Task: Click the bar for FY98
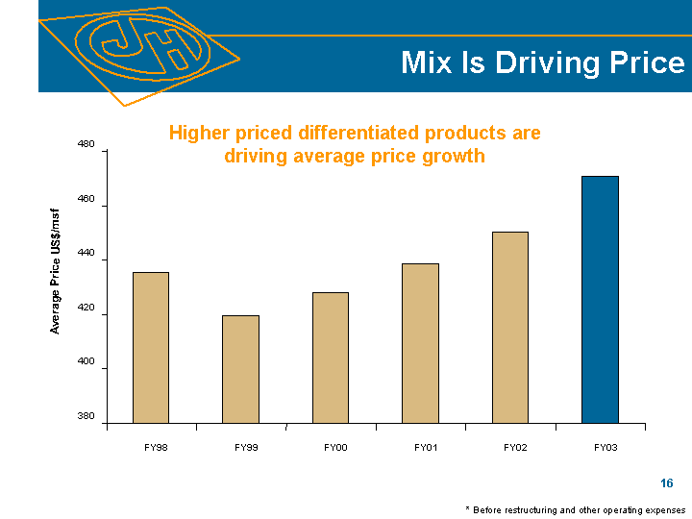click(150, 347)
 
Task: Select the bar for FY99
click(240, 369)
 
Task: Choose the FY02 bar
click(509, 327)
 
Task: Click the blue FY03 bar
click(600, 299)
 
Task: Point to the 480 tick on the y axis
click(86, 144)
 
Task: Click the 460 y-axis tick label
click(86, 199)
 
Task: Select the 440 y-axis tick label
click(86, 254)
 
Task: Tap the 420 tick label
click(86, 309)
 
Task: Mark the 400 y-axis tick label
click(86, 363)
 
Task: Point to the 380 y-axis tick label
click(86, 417)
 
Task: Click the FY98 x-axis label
click(157, 448)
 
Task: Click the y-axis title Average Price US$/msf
click(56, 271)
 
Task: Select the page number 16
click(666, 483)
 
